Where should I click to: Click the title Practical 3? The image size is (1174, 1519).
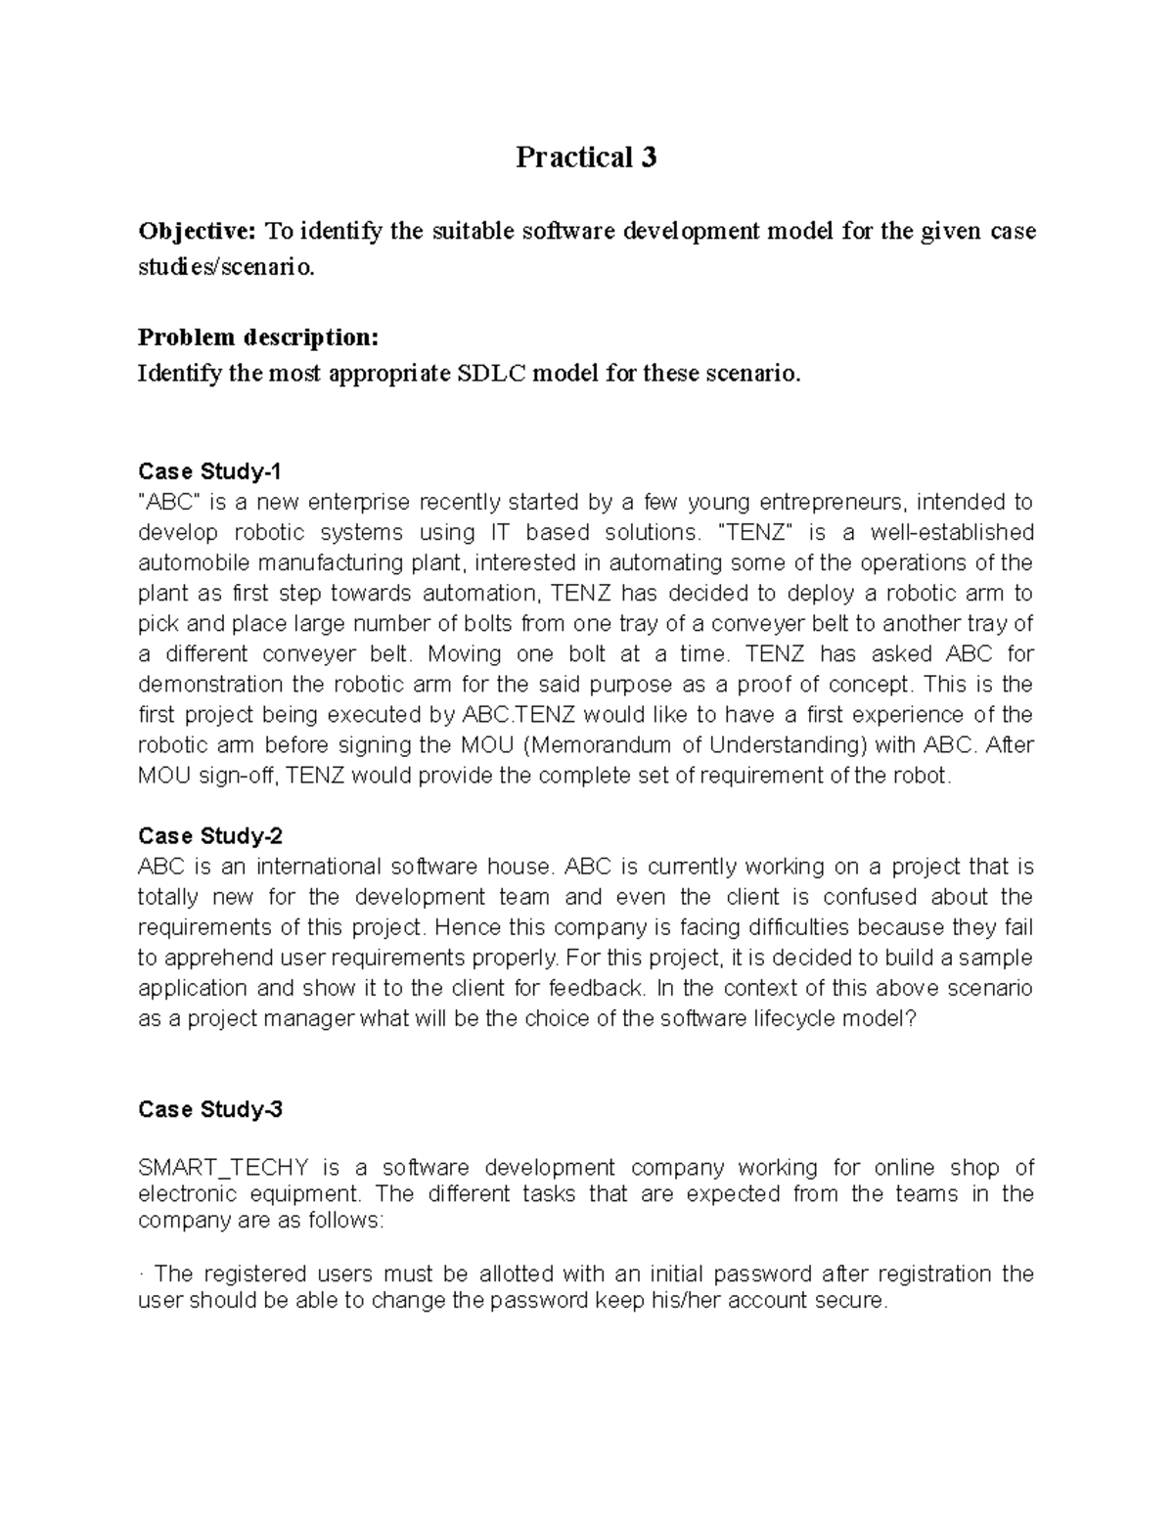point(586,157)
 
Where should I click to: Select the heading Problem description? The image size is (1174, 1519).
point(257,337)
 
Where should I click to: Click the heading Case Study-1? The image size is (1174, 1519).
point(209,471)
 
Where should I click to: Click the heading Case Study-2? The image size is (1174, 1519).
point(210,836)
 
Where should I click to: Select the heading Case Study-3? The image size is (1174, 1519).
point(210,1109)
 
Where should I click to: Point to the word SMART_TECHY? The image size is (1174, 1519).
point(224,1168)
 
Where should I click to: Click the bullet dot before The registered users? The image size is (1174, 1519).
point(141,1274)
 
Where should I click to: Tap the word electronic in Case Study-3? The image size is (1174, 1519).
point(188,1194)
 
